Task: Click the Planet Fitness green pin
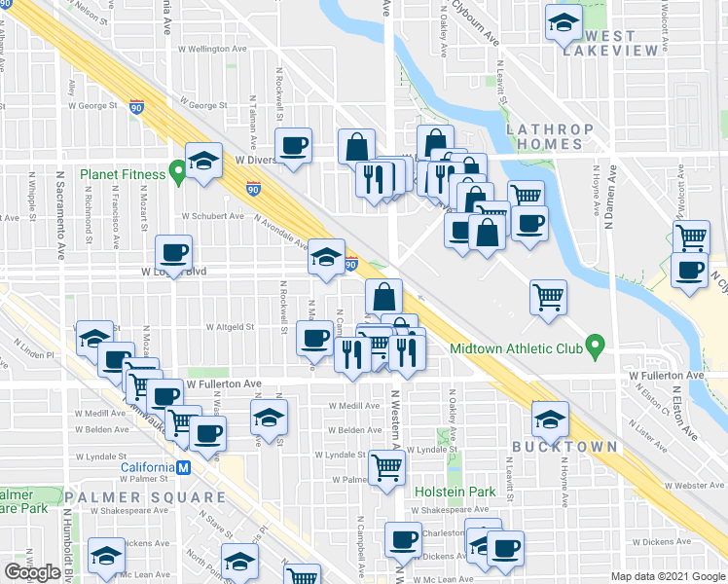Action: point(177,173)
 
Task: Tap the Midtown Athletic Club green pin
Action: point(599,346)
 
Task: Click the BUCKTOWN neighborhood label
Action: point(564,447)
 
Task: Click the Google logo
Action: point(32,572)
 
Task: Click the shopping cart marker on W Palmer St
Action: point(386,468)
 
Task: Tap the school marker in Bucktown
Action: point(550,418)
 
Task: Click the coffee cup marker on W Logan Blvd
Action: point(174,253)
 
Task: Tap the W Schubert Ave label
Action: point(212,216)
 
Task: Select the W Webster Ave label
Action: point(694,485)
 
